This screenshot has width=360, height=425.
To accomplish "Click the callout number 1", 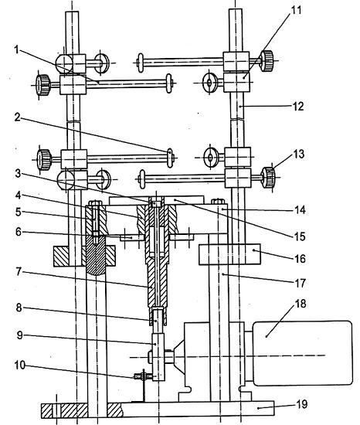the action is pos(17,49).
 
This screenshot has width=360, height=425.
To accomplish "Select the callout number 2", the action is pos(18,117).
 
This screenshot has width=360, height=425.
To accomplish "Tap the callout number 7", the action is pos(18,271).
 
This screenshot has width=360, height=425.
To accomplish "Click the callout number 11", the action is pos(296,10).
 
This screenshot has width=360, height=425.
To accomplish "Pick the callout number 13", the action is pos(299,154).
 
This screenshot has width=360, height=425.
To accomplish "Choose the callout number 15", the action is pos(300,236).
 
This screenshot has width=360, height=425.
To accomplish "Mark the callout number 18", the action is pos(301,304).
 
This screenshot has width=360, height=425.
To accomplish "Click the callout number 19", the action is pos(302,404).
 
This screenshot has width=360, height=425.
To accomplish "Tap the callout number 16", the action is pos(300,259).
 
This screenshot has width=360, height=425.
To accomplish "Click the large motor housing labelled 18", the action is pos(303,353).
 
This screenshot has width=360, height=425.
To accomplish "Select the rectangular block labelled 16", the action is pos(229,254).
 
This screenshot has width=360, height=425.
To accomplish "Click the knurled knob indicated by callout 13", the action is pos(268,177).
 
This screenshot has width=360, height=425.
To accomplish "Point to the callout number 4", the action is pos(18,195).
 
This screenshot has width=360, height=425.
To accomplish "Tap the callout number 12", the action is pos(298,107).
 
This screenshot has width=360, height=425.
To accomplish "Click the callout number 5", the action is pos(18,212).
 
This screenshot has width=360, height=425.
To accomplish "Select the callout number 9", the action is pos(20,335).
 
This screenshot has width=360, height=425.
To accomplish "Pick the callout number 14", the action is pos(300,209).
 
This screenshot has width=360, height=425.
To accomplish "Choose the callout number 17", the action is pos(300,283).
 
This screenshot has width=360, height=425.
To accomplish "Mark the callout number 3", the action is pos(18,173).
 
